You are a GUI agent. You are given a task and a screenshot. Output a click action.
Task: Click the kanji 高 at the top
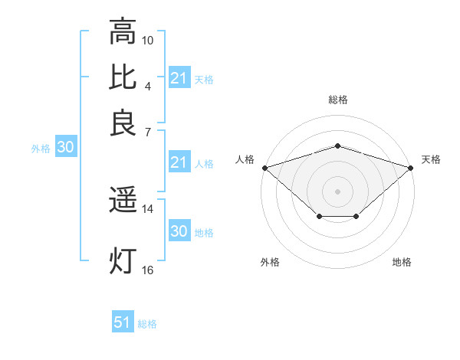point(123,32)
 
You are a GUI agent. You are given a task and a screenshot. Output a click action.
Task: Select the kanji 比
point(123,78)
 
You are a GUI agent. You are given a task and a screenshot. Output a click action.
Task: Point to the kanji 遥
point(123,201)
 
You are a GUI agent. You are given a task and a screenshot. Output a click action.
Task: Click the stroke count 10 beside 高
point(148,39)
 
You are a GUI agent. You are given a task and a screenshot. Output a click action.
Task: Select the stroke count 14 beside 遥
point(148,208)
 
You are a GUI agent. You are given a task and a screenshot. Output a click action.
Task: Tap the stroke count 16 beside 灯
point(148,270)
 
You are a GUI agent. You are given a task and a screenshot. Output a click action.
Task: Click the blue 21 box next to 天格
point(179,78)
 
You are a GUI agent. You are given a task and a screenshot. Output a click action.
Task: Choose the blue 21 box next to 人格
point(179,162)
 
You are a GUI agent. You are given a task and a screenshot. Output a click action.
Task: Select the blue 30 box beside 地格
point(179,231)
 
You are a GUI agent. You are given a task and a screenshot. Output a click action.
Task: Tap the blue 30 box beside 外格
point(65,147)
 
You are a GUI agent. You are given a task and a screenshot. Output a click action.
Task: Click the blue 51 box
point(123,322)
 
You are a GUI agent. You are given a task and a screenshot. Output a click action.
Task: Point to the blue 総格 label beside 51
point(147,324)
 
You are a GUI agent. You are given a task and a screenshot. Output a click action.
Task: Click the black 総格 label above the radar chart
point(337,100)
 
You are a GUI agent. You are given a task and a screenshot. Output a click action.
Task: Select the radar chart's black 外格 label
point(269,263)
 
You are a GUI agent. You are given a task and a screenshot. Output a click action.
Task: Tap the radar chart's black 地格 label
point(402,263)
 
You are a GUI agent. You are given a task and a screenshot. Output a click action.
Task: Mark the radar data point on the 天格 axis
point(412,167)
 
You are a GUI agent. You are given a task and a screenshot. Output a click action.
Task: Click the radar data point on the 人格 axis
point(264,167)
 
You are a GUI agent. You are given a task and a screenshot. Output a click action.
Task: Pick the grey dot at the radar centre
point(337,191)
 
